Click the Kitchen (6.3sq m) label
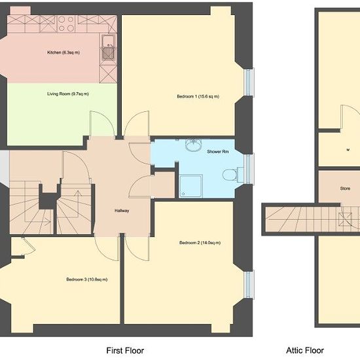click(x=63, y=52)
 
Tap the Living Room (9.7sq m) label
click(x=68, y=94)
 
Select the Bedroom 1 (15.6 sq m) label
click(x=198, y=96)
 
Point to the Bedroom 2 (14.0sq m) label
click(x=200, y=243)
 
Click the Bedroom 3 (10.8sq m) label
click(x=87, y=279)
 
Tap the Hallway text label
click(x=122, y=211)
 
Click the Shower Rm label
click(x=218, y=152)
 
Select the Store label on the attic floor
click(x=345, y=189)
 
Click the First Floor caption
click(x=125, y=351)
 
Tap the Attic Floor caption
click(x=305, y=350)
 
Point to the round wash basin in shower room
click(x=193, y=144)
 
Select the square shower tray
click(x=190, y=186)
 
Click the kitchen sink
click(x=108, y=48)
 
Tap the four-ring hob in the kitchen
click(x=66, y=24)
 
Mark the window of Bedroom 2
click(x=249, y=285)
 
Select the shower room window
click(x=249, y=170)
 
